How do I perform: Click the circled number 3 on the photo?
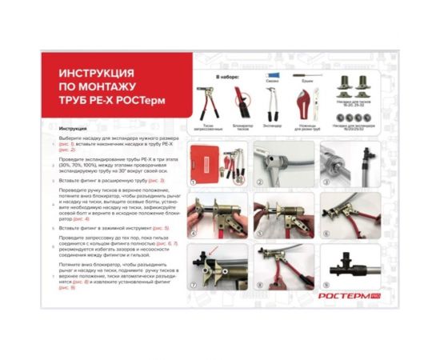pyautogui.click(x=325, y=182)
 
